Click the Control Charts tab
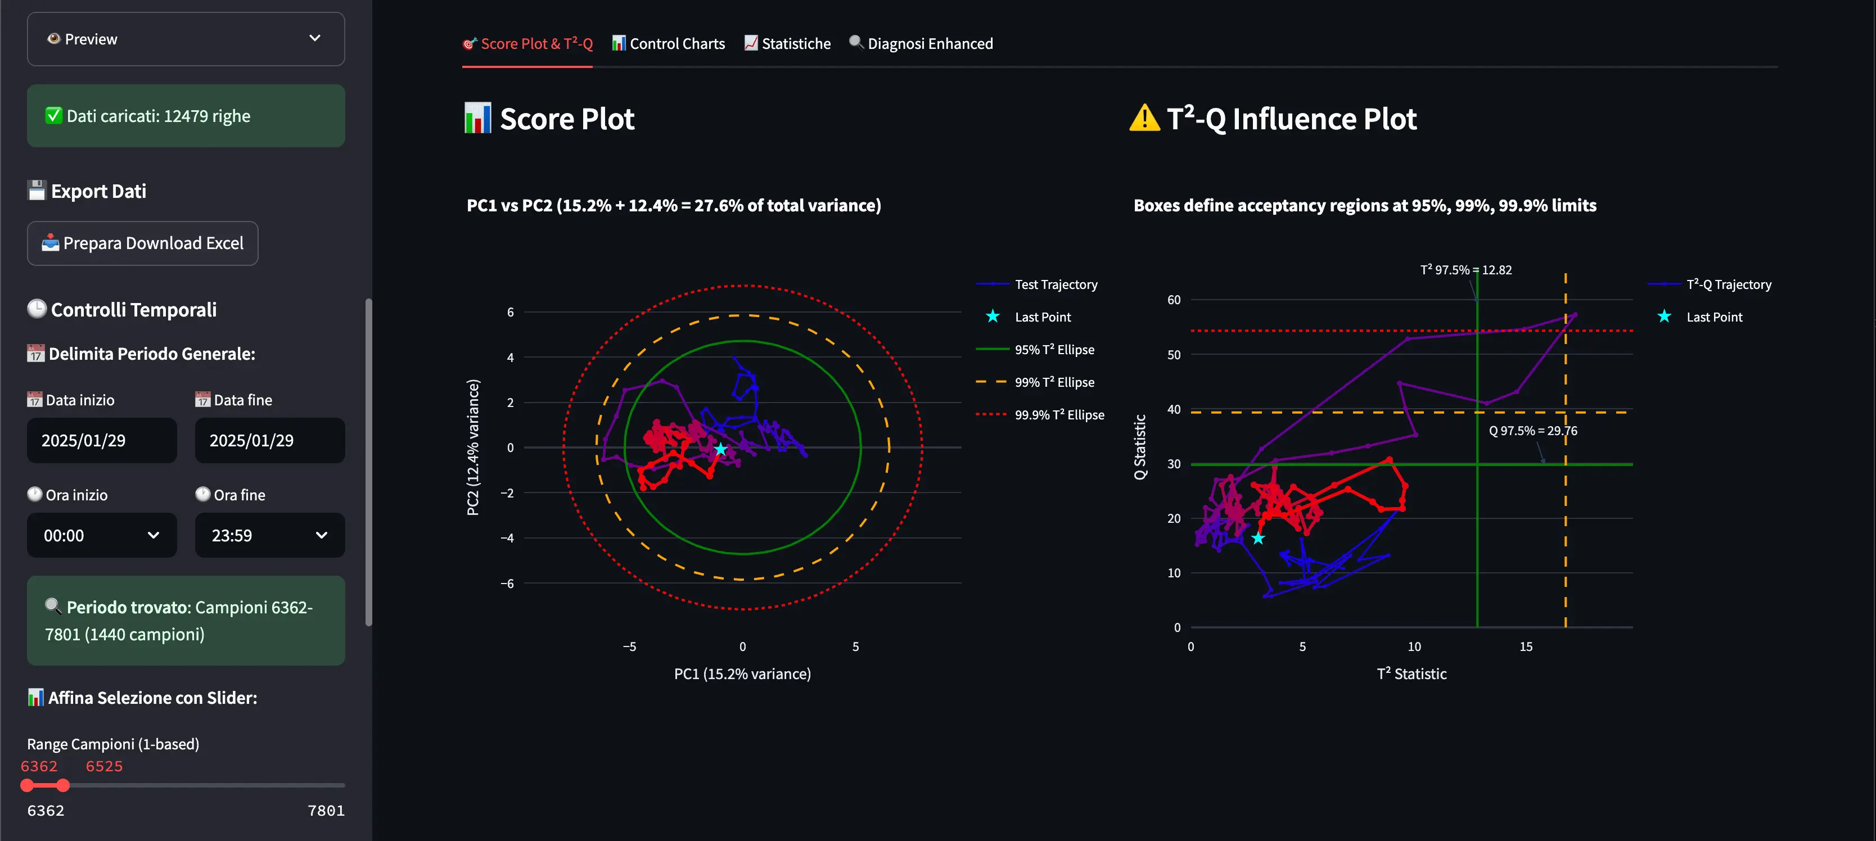click(x=669, y=44)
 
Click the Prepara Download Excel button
click(x=143, y=243)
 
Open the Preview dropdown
click(x=186, y=39)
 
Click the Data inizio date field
click(x=102, y=441)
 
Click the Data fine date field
click(x=269, y=441)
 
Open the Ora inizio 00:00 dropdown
click(x=102, y=535)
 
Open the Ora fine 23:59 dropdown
click(x=269, y=535)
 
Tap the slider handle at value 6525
click(x=64, y=785)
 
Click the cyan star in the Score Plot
click(x=720, y=449)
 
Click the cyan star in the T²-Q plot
click(x=1258, y=538)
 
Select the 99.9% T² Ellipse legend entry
click(x=1059, y=415)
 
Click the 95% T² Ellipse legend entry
click(x=1054, y=350)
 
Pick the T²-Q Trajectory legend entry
click(x=1728, y=284)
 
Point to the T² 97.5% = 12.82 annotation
click(x=1465, y=270)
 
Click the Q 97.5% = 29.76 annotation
click(x=1532, y=431)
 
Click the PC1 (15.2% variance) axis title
click(x=742, y=673)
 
